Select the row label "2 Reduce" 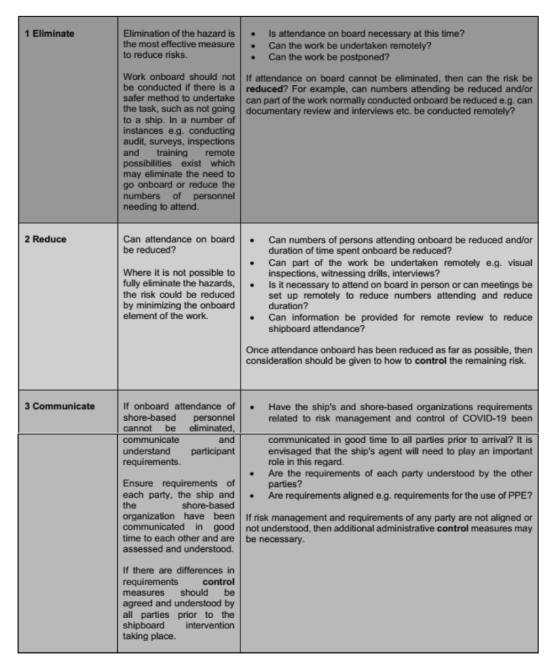46,239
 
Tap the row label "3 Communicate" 60,406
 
